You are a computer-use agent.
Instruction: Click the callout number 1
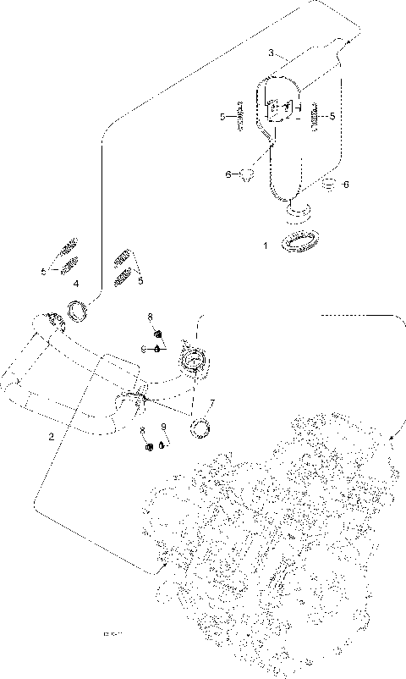[265, 245]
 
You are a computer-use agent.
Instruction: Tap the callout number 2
[51, 437]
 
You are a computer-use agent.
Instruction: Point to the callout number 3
[271, 52]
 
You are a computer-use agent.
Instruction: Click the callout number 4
[76, 283]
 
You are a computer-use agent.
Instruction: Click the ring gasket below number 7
[201, 428]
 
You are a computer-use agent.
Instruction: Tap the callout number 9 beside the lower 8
[163, 429]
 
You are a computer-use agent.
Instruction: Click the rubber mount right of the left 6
[247, 175]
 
